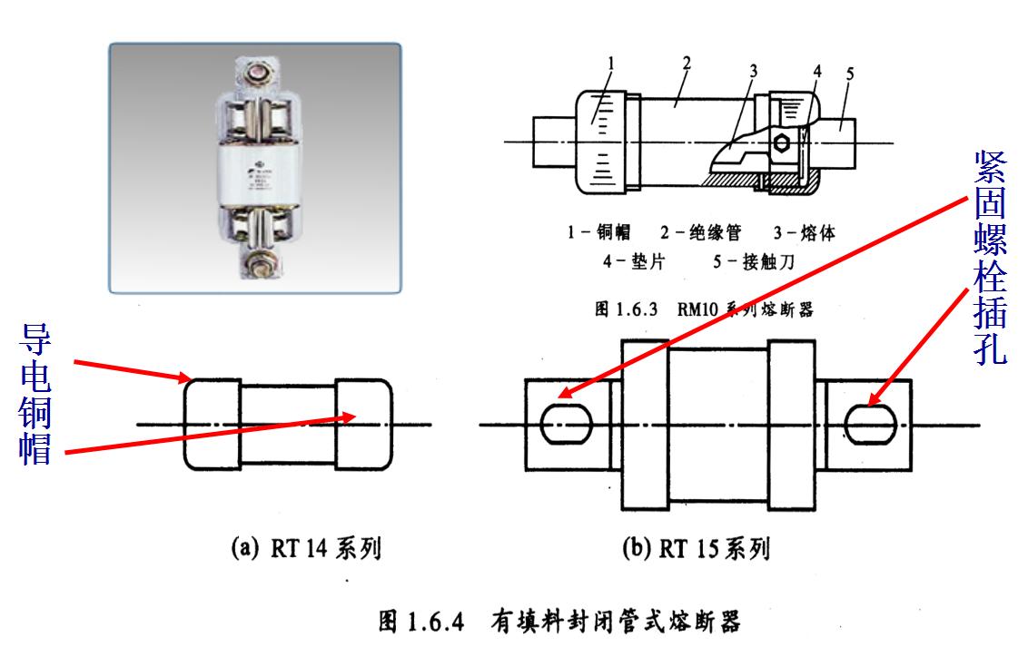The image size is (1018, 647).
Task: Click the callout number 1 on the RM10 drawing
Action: tap(612, 64)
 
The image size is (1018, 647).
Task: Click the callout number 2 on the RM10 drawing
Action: tap(687, 62)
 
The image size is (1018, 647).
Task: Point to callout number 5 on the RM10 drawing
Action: tap(849, 72)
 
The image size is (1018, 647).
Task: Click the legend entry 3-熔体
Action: tap(803, 233)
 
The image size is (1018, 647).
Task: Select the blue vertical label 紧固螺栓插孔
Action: tap(990, 259)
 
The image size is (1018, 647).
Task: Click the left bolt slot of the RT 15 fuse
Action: tap(566, 424)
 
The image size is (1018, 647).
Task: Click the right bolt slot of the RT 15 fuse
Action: tap(869, 424)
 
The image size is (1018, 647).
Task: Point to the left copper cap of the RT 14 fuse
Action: tap(212, 425)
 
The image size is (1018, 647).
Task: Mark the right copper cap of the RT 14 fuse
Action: tap(364, 425)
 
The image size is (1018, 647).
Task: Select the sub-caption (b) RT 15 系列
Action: tap(694, 549)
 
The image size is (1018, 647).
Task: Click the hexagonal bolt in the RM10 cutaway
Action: tap(780, 142)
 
